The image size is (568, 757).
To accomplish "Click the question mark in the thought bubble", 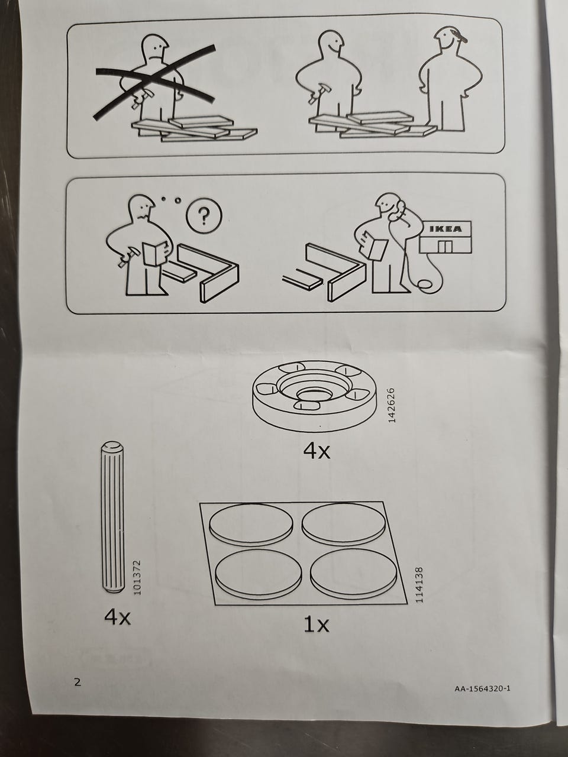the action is tap(205, 215).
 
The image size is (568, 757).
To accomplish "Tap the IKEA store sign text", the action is tap(445, 229).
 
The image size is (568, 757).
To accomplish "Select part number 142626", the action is tap(392, 405).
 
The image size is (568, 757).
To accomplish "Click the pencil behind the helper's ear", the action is tap(459, 36).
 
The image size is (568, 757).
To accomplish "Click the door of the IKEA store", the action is tap(445, 247).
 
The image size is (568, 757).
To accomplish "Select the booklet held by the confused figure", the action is tap(154, 254).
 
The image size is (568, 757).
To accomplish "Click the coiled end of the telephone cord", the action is tap(425, 285).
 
